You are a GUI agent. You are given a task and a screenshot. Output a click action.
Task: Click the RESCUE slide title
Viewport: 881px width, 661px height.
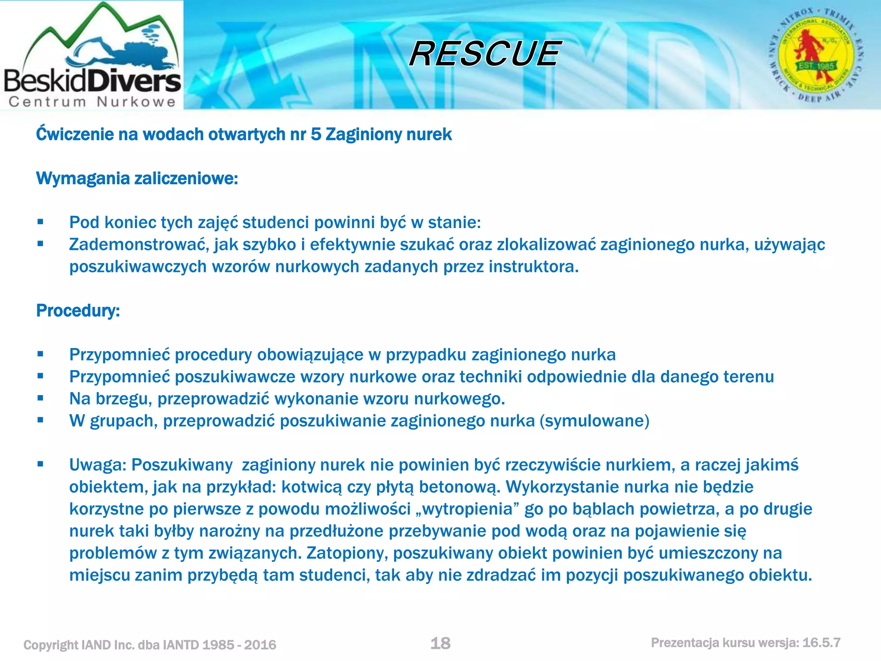485,54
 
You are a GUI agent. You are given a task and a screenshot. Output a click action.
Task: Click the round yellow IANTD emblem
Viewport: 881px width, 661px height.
816,56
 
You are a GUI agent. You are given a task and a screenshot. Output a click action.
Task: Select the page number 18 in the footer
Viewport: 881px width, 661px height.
440,643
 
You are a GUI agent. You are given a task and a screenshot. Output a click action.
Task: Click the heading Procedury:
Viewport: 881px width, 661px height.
78,311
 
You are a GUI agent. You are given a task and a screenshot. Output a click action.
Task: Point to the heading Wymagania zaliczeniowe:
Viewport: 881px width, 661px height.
137,178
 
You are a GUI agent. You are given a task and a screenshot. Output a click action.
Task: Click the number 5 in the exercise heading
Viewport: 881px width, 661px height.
316,134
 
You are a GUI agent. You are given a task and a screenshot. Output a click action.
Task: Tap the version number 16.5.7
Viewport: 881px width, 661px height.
821,642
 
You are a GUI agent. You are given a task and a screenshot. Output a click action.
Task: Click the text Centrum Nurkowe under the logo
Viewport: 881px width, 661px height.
92,102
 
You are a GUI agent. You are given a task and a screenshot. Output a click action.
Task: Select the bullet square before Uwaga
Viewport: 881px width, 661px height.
40,464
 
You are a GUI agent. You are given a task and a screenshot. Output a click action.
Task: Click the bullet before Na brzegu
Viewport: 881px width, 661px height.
40,398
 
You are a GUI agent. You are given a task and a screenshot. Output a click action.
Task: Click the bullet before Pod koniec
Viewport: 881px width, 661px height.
40,222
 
